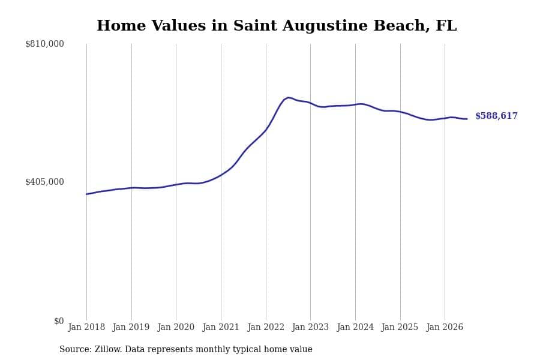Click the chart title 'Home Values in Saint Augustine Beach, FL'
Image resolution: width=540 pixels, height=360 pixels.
(x=277, y=26)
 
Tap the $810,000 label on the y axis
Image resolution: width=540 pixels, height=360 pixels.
(x=44, y=44)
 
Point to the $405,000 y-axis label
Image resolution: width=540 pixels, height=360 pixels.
(x=44, y=182)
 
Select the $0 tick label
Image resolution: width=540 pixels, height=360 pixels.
(x=59, y=321)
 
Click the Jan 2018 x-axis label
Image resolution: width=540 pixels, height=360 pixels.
(x=86, y=327)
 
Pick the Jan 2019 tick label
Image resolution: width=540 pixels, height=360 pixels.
(x=131, y=327)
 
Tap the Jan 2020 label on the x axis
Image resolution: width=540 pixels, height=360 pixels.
(x=176, y=327)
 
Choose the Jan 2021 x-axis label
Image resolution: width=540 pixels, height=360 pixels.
(x=221, y=327)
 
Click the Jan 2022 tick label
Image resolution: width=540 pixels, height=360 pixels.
(x=266, y=327)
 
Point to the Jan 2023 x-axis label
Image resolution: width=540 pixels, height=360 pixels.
(x=310, y=327)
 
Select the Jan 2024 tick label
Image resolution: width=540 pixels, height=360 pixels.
(x=355, y=327)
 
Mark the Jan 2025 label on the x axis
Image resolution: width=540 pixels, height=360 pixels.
(x=400, y=327)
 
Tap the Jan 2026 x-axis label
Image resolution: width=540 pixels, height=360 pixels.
(x=445, y=327)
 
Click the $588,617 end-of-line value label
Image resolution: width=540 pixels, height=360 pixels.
(x=496, y=116)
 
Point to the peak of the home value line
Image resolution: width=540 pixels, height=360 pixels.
(x=288, y=98)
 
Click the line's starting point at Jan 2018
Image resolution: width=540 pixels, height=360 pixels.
(x=86, y=194)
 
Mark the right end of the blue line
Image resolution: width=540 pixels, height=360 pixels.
(x=467, y=119)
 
